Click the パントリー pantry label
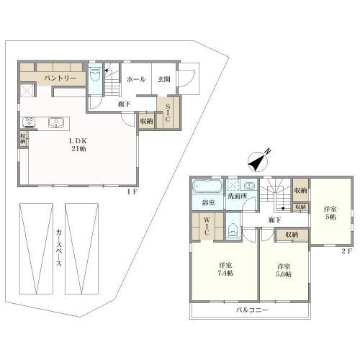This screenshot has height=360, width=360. click(x=60, y=78)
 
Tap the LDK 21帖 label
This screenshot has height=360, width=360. click(x=78, y=145)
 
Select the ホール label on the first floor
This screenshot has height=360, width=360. click(x=136, y=79)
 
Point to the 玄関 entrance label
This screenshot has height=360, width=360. click(x=164, y=79)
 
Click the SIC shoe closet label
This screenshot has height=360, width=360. click(x=168, y=112)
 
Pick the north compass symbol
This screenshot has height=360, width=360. click(x=258, y=161)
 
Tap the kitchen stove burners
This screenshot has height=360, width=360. click(x=30, y=122)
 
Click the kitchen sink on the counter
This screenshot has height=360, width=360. click(x=56, y=122)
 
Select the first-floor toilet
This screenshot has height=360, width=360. click(x=95, y=73)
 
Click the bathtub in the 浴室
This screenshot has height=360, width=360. click(x=207, y=186)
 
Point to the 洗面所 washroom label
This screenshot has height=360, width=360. click(x=237, y=196)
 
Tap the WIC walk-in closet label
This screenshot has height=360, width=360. click(x=207, y=226)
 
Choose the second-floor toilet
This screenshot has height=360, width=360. click(x=233, y=230)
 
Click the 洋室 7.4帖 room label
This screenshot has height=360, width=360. click(x=225, y=269)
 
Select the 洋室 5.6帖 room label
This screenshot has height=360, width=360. click(x=284, y=270)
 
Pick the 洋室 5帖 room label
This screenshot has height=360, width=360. click(x=330, y=213)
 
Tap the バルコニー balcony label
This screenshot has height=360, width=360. click(x=252, y=310)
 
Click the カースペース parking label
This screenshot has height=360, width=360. click(x=59, y=248)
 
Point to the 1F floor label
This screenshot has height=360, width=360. click(x=132, y=192)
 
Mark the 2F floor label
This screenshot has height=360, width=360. click(x=347, y=251)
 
